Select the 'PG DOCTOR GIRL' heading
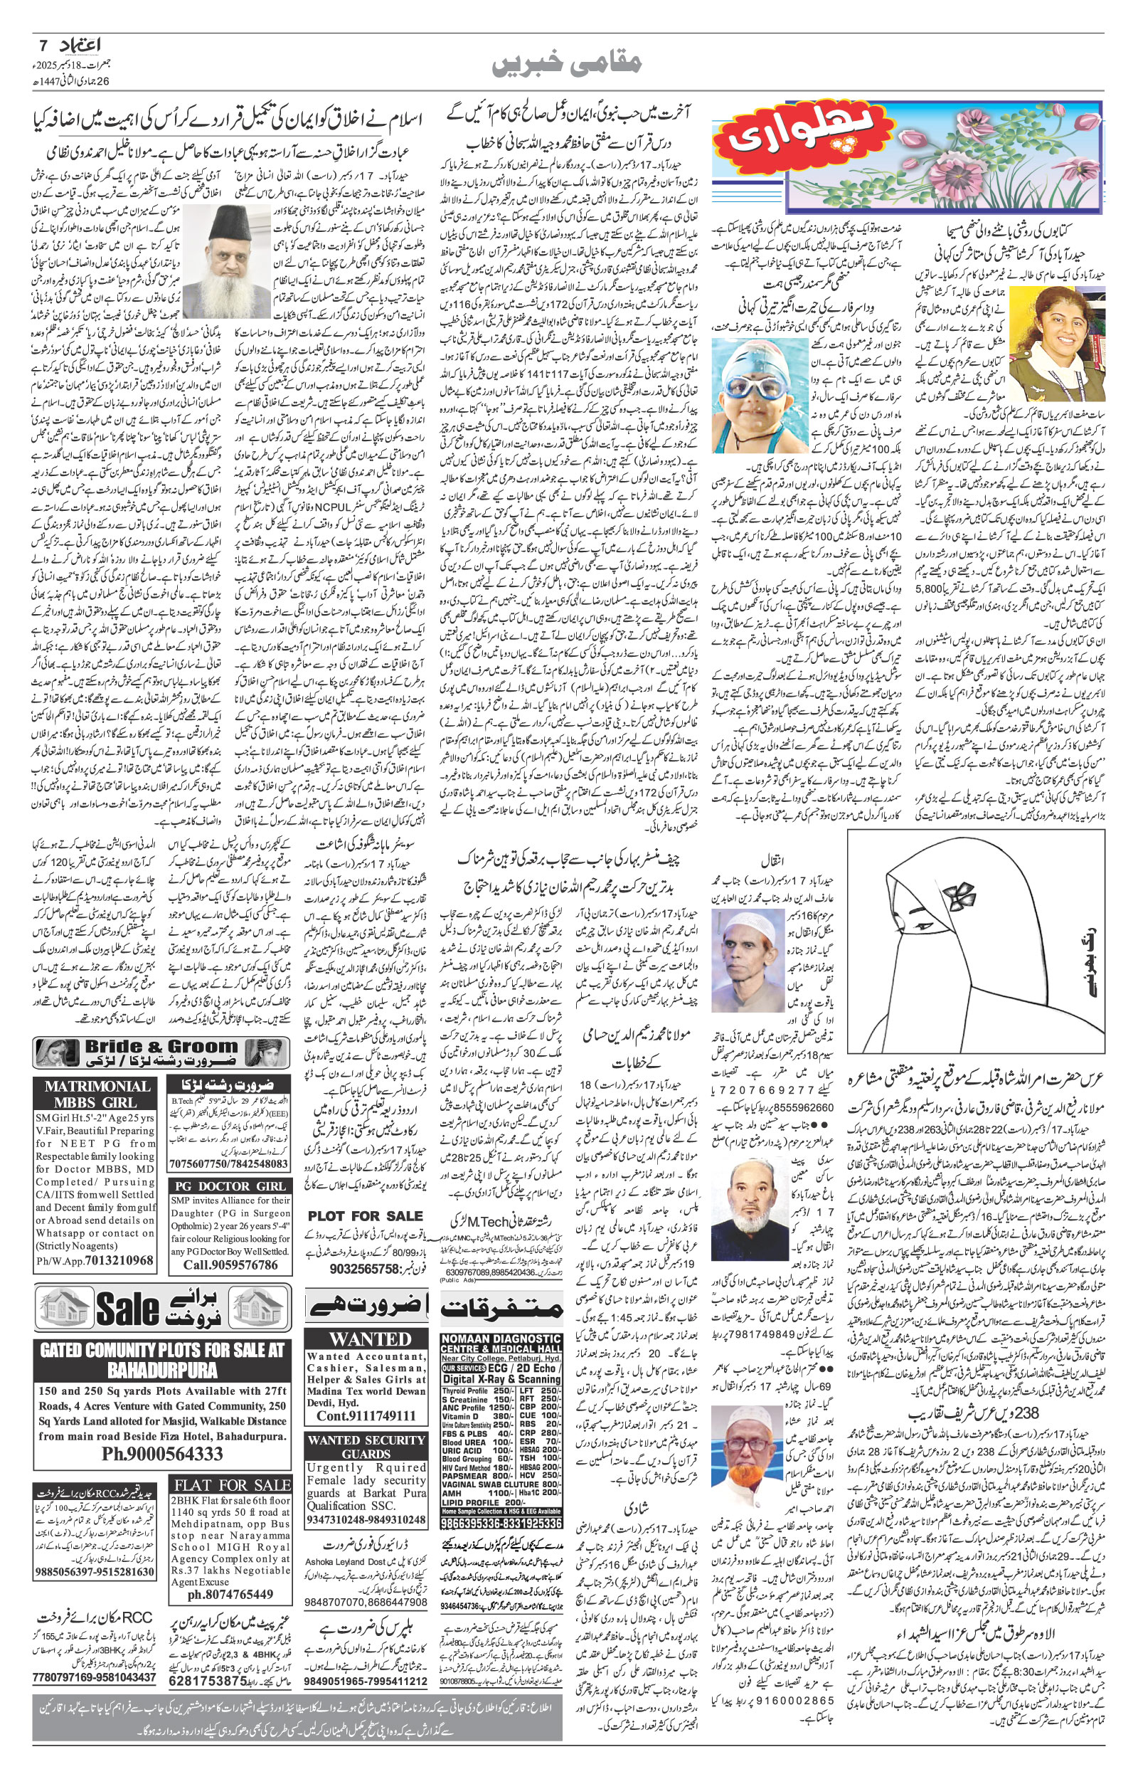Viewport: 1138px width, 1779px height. click(230, 1186)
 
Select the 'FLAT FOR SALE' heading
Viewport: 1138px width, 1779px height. click(232, 1486)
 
